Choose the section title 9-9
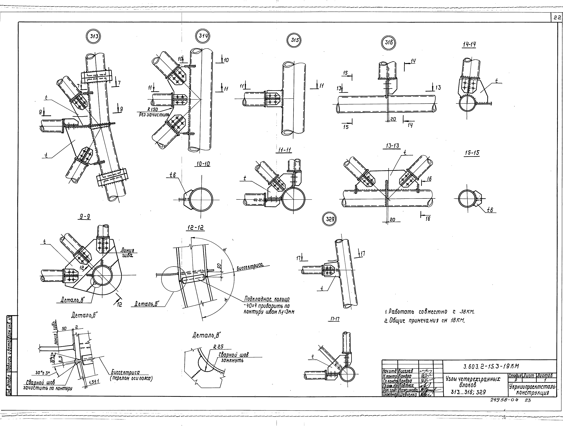pos(85,217)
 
